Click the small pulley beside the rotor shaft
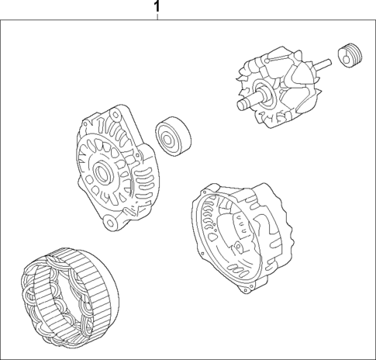click(x=350, y=56)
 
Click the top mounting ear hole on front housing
click(x=87, y=122)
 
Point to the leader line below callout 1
click(x=158, y=17)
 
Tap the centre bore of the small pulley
click(x=347, y=57)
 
